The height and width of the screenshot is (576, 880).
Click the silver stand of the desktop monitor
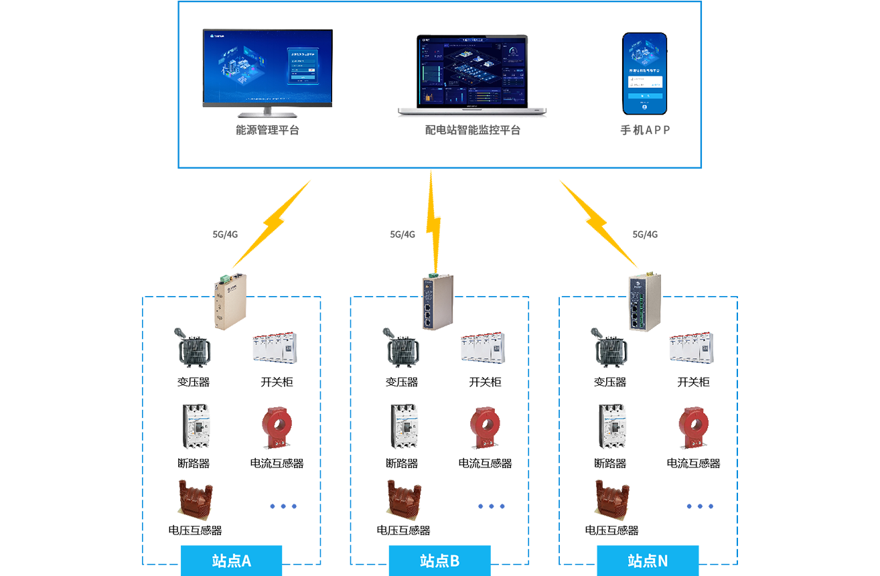[x=267, y=113]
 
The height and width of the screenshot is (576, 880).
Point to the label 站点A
[x=232, y=561]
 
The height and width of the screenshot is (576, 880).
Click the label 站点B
[x=439, y=561]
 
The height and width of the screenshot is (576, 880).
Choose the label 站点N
[x=647, y=561]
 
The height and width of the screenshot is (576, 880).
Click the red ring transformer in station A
[x=272, y=425]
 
